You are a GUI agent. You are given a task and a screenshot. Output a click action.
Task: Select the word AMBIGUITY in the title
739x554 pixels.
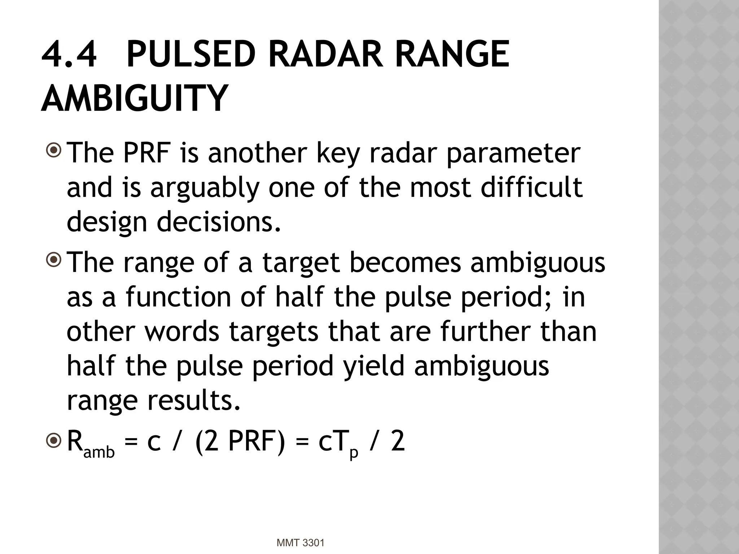click(134, 98)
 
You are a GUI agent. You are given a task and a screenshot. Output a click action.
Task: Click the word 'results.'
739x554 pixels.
click(193, 400)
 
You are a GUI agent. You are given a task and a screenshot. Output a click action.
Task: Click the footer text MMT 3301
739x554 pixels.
click(301, 542)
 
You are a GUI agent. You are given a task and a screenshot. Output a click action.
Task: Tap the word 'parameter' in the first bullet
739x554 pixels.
click(513, 153)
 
